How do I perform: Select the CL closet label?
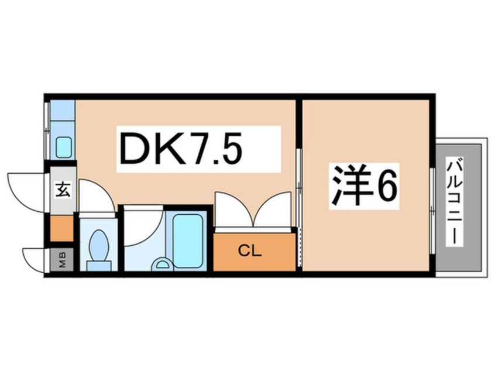coord(250,252)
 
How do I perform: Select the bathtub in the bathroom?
coord(188,240)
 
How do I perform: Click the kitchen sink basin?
coord(63,146)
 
